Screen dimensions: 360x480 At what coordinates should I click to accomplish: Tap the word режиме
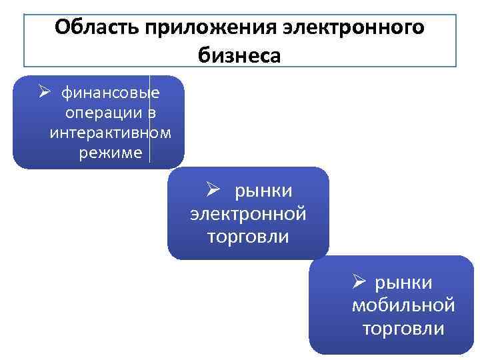[110, 153]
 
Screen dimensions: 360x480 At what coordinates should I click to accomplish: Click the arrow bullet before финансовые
[45, 91]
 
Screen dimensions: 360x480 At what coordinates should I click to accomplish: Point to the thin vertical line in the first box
[149, 120]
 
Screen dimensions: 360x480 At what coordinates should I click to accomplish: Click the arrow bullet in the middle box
[213, 190]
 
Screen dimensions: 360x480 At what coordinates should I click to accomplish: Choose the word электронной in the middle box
[248, 214]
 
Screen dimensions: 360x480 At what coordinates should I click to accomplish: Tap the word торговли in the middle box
[248, 237]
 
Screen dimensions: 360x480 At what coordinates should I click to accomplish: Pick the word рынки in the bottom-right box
[403, 283]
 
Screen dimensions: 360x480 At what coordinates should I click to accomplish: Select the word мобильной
[403, 305]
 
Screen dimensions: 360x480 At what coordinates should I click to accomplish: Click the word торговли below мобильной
[403, 328]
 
